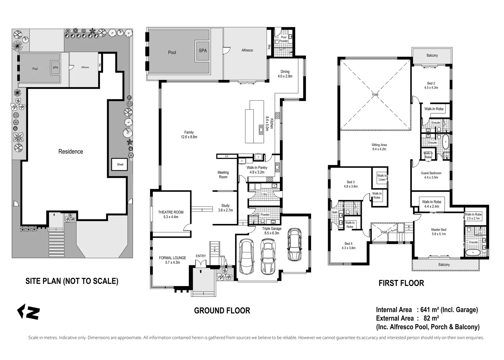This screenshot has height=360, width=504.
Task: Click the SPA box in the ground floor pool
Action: tap(203, 51)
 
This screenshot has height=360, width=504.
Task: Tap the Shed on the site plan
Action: tap(120, 164)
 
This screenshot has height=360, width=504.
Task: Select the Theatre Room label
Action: tap(171, 212)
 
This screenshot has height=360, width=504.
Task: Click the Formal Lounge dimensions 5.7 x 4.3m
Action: tap(172, 262)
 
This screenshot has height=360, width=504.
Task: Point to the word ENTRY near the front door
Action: tap(201, 256)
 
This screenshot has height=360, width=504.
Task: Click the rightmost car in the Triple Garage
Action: tap(294, 244)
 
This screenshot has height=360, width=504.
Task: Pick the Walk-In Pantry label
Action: tap(257, 168)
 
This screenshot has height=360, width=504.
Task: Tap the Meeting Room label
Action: tap(223, 175)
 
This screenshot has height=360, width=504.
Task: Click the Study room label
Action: tap(225, 206)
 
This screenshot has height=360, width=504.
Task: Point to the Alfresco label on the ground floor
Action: tap(247, 50)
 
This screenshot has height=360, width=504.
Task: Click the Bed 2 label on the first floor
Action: tap(431, 83)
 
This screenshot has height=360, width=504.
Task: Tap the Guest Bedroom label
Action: tap(431, 173)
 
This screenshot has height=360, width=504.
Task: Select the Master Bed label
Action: tap(438, 230)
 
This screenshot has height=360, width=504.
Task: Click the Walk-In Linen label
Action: tap(382, 177)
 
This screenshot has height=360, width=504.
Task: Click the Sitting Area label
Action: tap(379, 145)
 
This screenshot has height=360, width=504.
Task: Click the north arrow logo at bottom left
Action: tap(28, 312)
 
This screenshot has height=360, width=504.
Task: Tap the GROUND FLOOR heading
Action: tap(222, 311)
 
